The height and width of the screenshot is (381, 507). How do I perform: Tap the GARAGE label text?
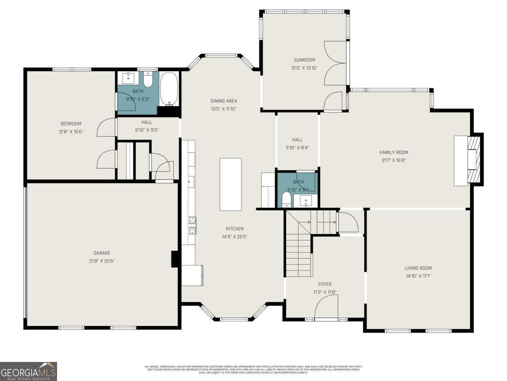tap(102, 253)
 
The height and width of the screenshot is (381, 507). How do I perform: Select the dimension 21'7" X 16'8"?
tap(394, 160)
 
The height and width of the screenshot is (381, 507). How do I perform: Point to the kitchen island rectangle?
tap(230, 184)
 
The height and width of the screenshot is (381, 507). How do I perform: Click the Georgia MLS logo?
tap(28, 371)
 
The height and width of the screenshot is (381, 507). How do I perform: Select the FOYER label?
tap(325, 284)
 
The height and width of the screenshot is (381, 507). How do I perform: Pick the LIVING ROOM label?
tap(418, 268)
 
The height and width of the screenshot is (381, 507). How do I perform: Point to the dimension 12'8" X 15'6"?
tap(71, 132)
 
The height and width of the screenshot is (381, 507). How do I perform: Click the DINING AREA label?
tap(224, 101)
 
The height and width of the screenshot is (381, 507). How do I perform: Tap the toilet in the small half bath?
tap(286, 199)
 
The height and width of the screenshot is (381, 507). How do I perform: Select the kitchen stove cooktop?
tap(192, 225)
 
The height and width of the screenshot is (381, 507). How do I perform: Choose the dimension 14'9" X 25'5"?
tap(234, 237)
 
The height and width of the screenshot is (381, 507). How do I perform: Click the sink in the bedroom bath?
tap(128, 78)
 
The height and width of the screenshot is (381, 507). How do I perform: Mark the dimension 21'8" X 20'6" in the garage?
tap(102, 261)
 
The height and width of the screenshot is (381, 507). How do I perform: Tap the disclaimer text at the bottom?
tap(253, 369)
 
